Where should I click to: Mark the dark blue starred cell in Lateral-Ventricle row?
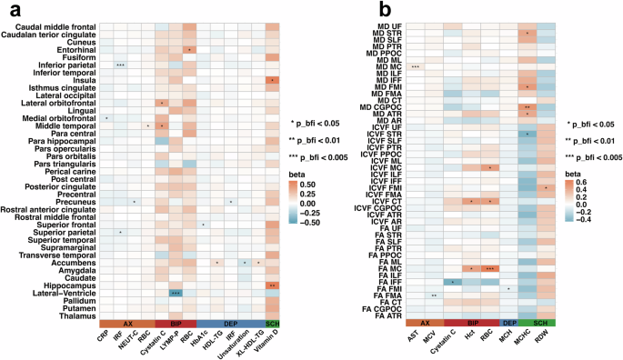pyautogui.click(x=175, y=293)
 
